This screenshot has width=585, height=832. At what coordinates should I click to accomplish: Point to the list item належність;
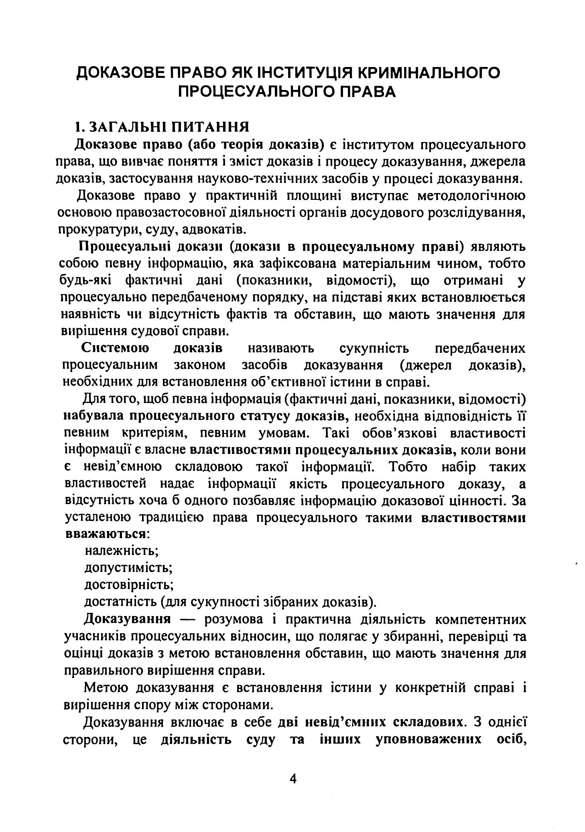(x=122, y=550)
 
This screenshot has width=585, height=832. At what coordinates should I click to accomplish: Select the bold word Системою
(x=115, y=348)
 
